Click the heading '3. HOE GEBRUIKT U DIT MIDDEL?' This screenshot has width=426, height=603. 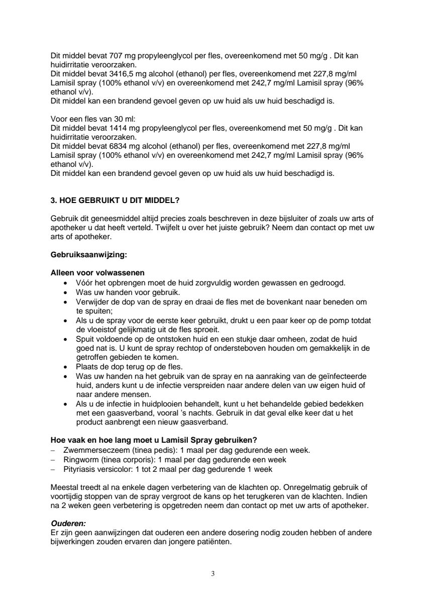point(115,200)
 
